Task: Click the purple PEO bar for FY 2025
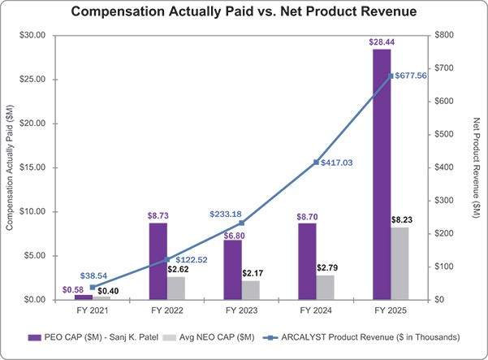coord(382,175)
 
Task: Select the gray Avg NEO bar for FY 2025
coord(399,263)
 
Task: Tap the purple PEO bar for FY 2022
coord(158,262)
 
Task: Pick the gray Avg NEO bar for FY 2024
coord(326,288)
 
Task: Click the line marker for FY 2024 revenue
coord(316,163)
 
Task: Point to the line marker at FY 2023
coord(241,223)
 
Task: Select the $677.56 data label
coord(411,76)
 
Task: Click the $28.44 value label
coord(382,42)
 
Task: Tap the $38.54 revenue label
coord(93,275)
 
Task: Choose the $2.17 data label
coord(253,273)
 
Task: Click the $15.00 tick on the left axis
coord(32,167)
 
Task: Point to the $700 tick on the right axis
coord(444,68)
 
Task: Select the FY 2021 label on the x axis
coord(93,310)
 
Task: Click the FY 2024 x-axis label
coord(316,310)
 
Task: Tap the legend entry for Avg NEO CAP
coord(209,337)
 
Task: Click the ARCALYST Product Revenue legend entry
coord(361,337)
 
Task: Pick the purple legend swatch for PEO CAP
coord(35,337)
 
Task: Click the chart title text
coord(244,11)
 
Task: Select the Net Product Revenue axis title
coord(477,168)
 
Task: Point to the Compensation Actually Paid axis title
coord(10,167)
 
